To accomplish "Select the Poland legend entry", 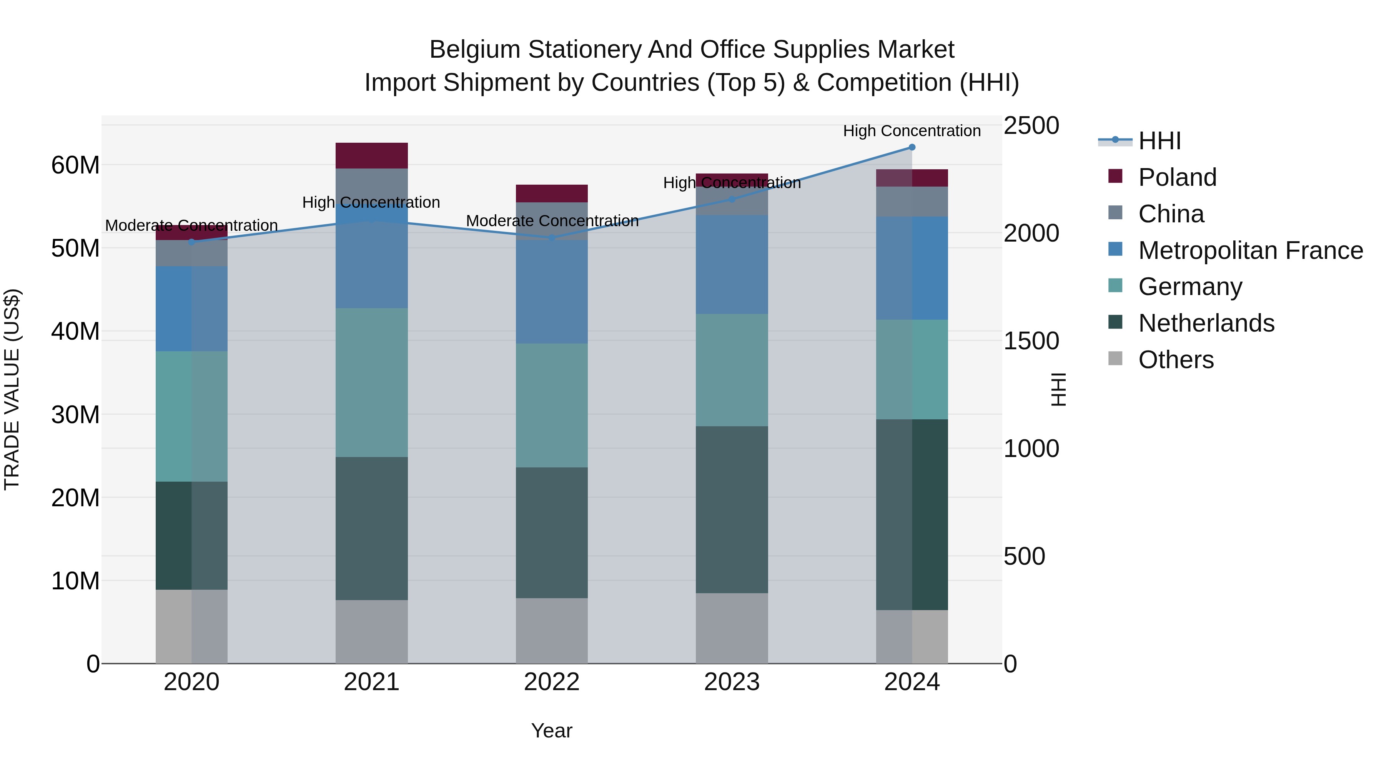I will pos(1177,177).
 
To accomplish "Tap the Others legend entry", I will pos(1176,360).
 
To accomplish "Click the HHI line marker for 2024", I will pos(912,147).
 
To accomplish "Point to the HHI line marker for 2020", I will pos(192,242).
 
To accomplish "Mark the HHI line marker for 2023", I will pos(732,199).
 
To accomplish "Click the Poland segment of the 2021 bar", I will pos(372,155).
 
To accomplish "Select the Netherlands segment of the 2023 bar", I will pos(732,510).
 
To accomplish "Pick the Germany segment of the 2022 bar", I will pos(552,405).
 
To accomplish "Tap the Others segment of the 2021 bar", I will pos(372,632).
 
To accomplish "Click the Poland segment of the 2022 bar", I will pos(552,193).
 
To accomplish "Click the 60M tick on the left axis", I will pos(75,165).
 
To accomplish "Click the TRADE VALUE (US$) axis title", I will pos(12,389).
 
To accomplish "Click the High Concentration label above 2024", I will pos(912,131).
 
